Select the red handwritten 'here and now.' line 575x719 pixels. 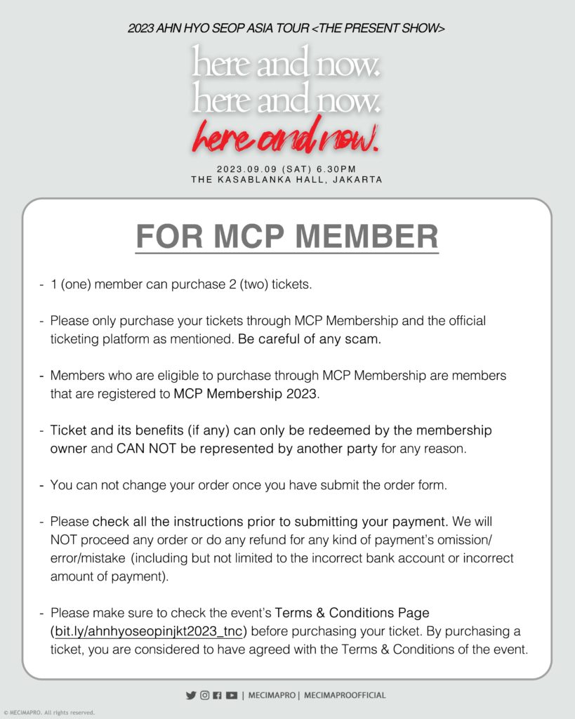(x=287, y=138)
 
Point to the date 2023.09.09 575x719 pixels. (x=243, y=169)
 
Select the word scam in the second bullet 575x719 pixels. (x=364, y=339)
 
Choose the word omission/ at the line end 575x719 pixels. (x=489, y=540)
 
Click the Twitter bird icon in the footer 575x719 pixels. (x=190, y=695)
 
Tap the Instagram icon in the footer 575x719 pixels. (x=204, y=695)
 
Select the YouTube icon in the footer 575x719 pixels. (x=232, y=695)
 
